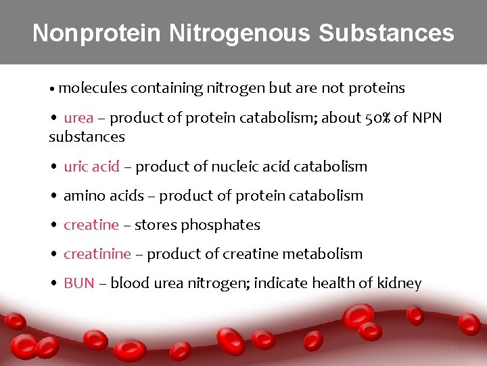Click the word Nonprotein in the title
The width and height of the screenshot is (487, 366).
click(x=99, y=33)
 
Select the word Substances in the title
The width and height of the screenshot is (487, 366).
click(x=386, y=33)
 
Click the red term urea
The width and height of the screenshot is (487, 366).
click(x=78, y=118)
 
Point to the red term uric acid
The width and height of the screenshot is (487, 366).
click(x=91, y=166)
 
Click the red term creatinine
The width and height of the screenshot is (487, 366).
click(x=97, y=253)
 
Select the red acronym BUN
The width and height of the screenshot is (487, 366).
click(x=79, y=283)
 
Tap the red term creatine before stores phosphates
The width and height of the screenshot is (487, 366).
click(x=91, y=224)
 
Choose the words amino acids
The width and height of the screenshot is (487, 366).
click(x=103, y=195)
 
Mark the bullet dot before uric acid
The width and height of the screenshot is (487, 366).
click(x=53, y=167)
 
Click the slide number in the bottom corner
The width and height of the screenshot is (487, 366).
click(x=453, y=350)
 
